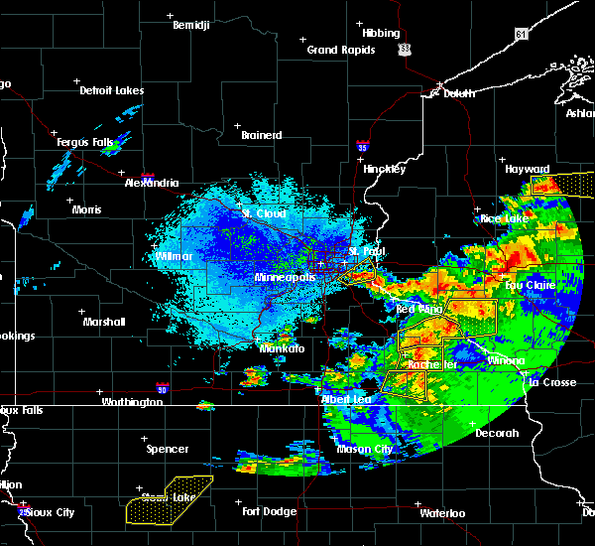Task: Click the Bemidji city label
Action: click(191, 25)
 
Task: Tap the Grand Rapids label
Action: click(335, 50)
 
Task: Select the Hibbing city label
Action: click(380, 33)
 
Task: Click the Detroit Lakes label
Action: click(111, 90)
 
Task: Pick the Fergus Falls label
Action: click(86, 142)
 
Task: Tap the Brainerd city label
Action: click(262, 135)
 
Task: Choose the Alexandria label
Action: click(152, 183)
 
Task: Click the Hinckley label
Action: click(384, 169)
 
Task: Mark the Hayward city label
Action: click(527, 169)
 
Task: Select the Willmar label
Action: click(175, 256)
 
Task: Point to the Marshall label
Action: click(104, 322)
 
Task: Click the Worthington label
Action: click(132, 402)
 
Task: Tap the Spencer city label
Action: click(167, 449)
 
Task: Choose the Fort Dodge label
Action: click(269, 511)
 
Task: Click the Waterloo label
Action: click(441, 513)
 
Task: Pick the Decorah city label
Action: click(497, 433)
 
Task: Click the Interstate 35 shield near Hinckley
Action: click(364, 146)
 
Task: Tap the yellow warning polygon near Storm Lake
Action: click(169, 499)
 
